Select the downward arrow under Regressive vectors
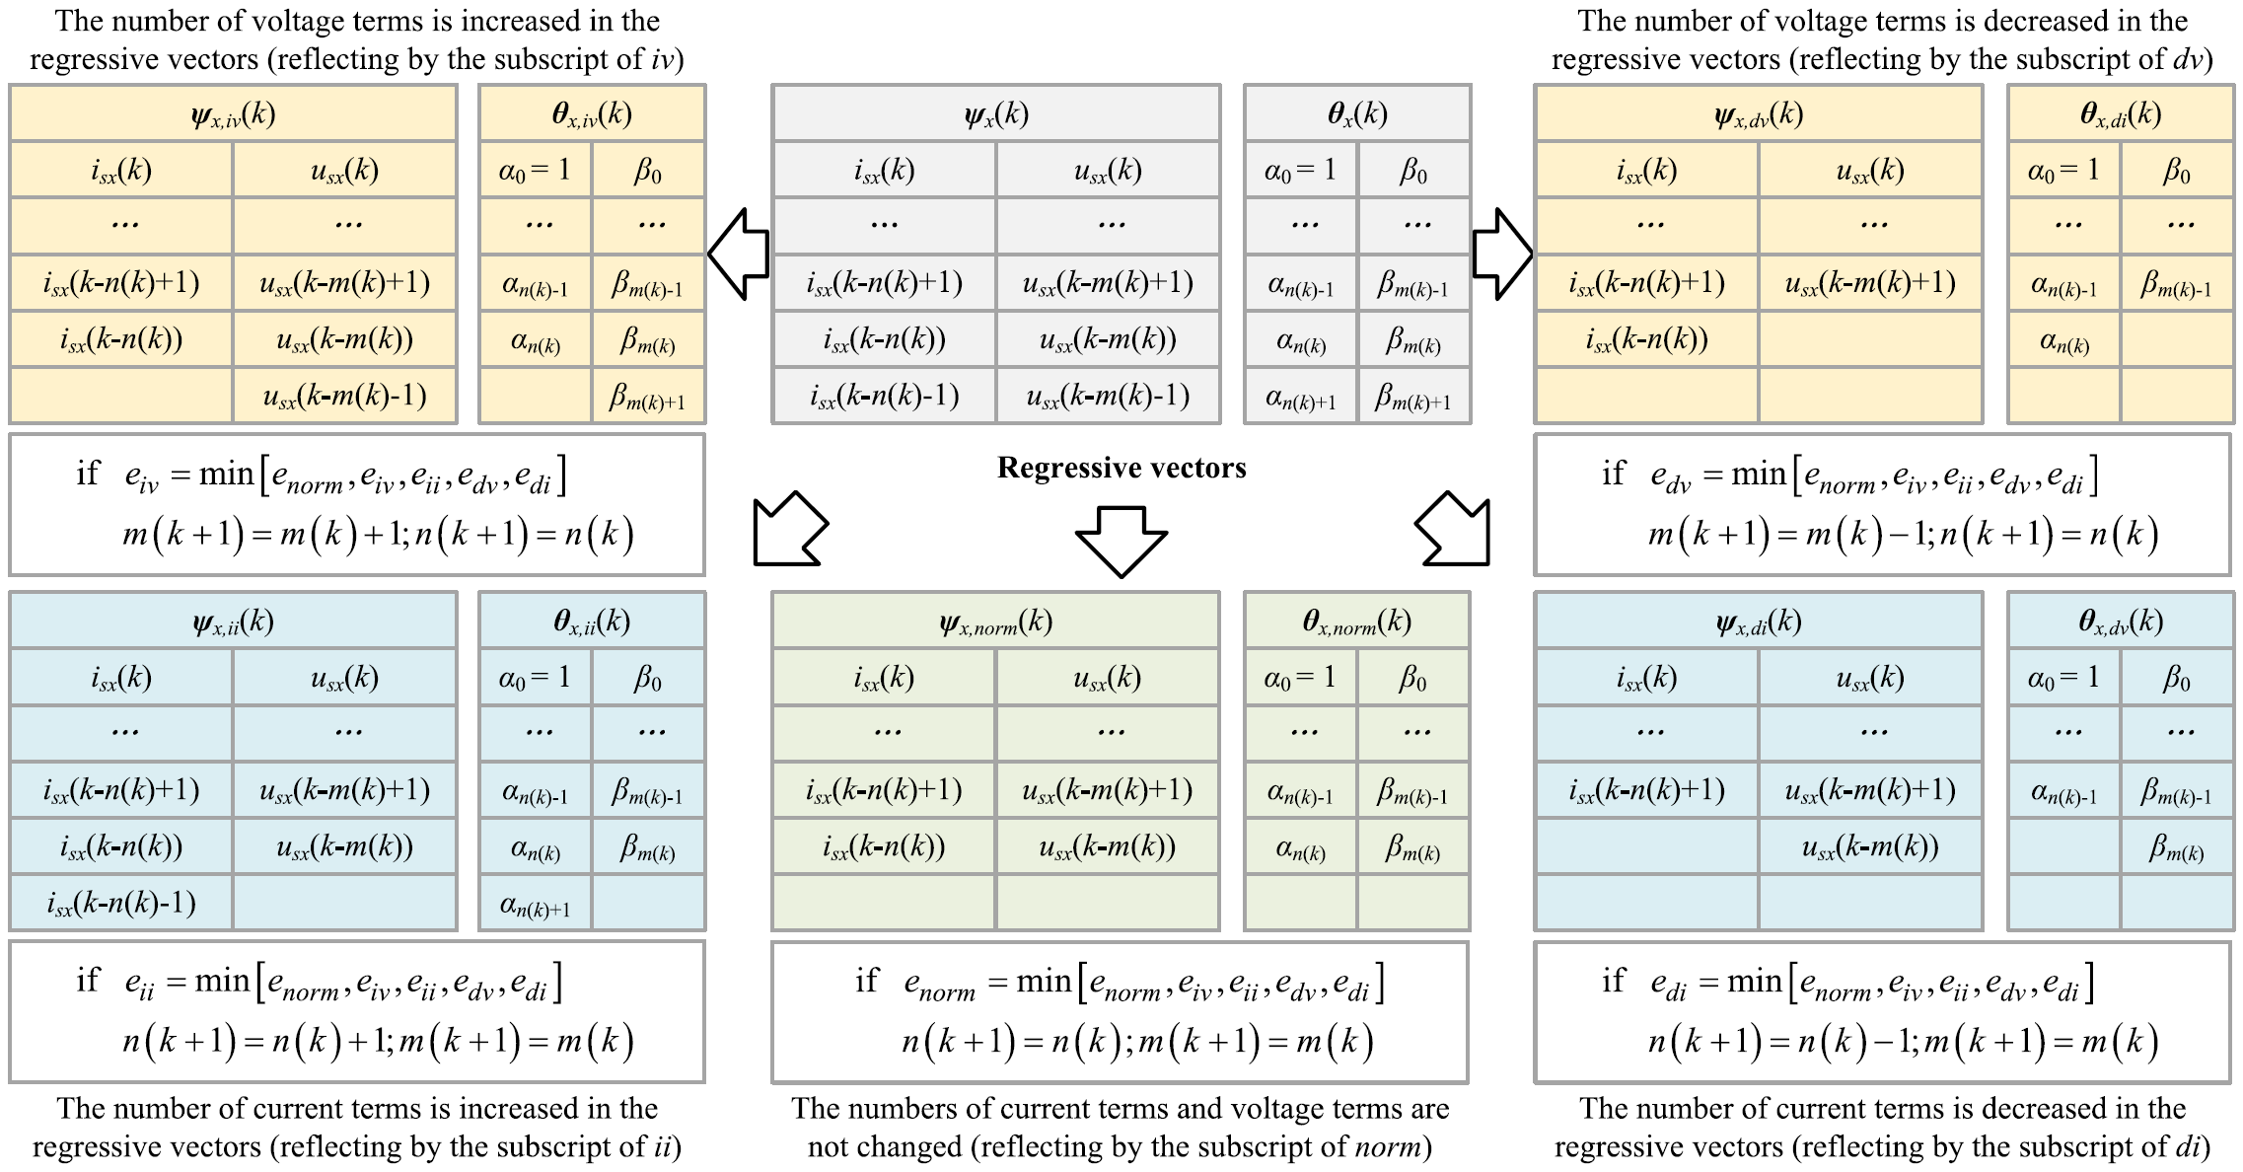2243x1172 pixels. pos(1121,540)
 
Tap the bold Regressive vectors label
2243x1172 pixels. pos(1121,468)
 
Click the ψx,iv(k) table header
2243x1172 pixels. pos(233,114)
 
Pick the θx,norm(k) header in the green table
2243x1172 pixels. pos(1356,622)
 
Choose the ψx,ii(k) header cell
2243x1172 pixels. pos(233,622)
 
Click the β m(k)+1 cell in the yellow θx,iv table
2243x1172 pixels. pos(647,397)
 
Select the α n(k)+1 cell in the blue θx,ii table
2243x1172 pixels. pos(536,904)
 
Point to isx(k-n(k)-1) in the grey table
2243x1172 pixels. pos(884,397)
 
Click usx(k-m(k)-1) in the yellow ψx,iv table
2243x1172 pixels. pos(344,397)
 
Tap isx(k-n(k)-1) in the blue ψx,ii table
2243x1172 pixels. pos(121,904)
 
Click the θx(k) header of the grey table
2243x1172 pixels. pos(1356,114)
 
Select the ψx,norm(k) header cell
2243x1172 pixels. pos(995,622)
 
